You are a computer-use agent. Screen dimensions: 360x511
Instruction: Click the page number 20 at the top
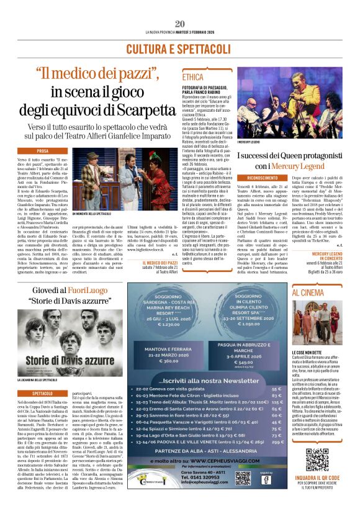tap(180, 24)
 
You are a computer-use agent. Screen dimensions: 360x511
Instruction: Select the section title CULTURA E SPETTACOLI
tap(179, 48)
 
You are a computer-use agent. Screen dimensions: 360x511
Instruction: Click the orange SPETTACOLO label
tap(43, 394)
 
